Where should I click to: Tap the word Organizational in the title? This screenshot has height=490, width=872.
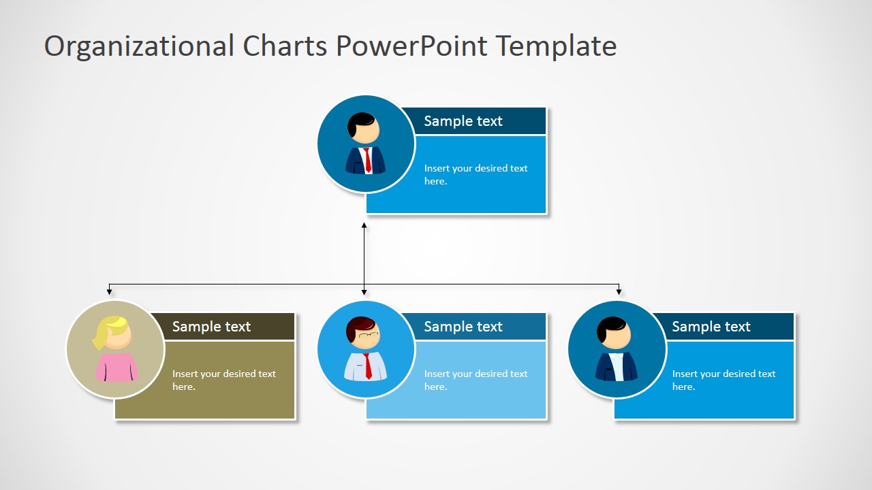(139, 46)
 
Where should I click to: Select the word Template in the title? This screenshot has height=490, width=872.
(556, 46)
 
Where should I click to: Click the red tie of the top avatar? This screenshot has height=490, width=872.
(367, 160)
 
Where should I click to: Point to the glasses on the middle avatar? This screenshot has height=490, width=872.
(368, 334)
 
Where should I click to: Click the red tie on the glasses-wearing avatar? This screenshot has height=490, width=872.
(368, 366)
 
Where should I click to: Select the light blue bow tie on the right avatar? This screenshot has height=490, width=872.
(617, 356)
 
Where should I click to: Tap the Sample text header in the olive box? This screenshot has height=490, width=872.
(211, 327)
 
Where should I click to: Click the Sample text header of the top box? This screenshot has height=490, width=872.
(463, 121)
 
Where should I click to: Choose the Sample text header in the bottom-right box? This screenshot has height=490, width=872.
(711, 327)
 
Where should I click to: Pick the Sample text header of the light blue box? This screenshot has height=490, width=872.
(463, 327)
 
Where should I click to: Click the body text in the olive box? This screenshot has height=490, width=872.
(223, 380)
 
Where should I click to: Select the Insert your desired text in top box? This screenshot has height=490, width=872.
(476, 174)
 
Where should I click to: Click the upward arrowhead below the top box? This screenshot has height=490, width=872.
(364, 225)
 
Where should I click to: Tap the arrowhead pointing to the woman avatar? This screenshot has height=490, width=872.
(110, 292)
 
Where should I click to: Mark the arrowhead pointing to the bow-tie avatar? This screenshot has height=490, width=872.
(619, 292)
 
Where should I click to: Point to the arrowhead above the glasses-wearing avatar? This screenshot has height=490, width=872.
(364, 292)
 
